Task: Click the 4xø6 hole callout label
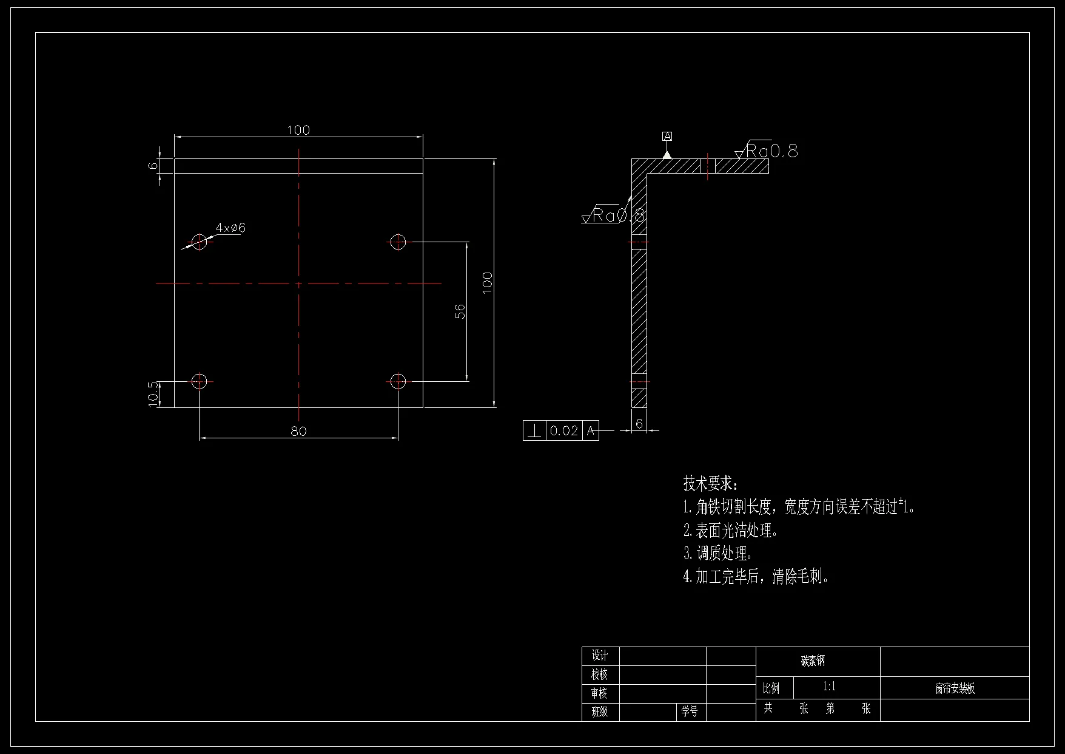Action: (x=230, y=228)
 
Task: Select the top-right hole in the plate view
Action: (x=398, y=242)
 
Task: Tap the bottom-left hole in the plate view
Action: (x=199, y=381)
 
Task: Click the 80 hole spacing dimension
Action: (x=298, y=431)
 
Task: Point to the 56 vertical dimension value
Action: (x=460, y=311)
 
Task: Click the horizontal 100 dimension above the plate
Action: (x=298, y=130)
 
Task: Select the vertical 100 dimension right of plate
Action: (x=487, y=283)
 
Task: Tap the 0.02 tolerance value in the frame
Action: (x=563, y=431)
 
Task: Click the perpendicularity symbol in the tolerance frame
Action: (x=534, y=431)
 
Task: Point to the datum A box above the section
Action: (x=667, y=137)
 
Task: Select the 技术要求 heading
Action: (x=710, y=484)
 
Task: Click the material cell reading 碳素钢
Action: (x=813, y=662)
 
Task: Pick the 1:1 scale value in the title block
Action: (x=829, y=687)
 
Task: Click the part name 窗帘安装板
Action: (x=955, y=688)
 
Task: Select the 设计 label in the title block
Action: (x=600, y=656)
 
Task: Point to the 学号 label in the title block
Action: (x=690, y=712)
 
